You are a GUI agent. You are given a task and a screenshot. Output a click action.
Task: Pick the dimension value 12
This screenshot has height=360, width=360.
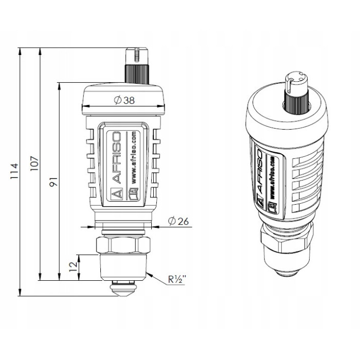pyautogui.click(x=72, y=266)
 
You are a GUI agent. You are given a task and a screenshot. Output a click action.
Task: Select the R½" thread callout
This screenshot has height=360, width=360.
pyautogui.click(x=177, y=280)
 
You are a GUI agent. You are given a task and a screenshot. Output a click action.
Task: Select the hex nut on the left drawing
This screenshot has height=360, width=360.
pyautogui.click(x=123, y=245)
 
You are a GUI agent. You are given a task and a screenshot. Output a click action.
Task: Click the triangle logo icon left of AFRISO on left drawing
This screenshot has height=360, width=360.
pyautogui.click(x=117, y=194)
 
